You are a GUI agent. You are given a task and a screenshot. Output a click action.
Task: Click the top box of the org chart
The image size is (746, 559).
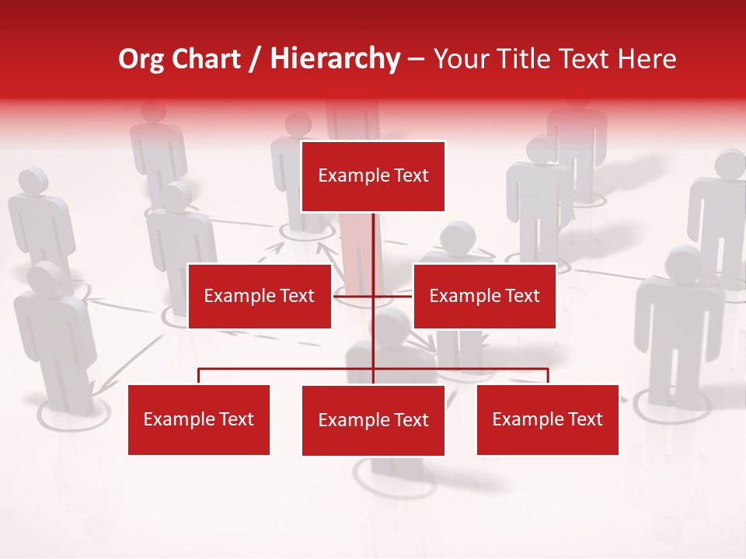coord(373,176)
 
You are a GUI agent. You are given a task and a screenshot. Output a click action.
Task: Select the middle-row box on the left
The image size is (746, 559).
coord(259,296)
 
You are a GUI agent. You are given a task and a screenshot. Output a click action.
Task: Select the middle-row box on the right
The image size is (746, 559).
coord(484,296)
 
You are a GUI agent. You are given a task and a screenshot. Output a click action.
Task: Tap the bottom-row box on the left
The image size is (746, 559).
coord(199,420)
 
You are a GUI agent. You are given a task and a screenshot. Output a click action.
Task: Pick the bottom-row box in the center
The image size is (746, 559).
coord(373,421)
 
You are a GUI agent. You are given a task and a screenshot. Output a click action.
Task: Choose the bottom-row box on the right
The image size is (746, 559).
coord(547,420)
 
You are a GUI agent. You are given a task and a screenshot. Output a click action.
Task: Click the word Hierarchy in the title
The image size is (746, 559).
coord(335,59)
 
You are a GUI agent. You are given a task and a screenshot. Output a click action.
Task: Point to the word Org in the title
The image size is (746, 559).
coord(141,59)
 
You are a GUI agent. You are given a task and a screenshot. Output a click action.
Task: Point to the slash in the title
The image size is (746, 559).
coord(255,60)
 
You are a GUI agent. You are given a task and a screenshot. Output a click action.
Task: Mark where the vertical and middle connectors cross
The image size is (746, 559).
coord(373,296)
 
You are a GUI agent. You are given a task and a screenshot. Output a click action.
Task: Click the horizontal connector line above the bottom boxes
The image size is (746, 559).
coord(288,369)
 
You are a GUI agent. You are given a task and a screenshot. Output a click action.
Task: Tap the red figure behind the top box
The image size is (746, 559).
coord(355,248)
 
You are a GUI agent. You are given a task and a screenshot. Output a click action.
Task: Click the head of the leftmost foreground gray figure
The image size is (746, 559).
coord(47,277)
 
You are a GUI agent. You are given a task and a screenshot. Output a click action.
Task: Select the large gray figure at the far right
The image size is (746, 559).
coord(678,326)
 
